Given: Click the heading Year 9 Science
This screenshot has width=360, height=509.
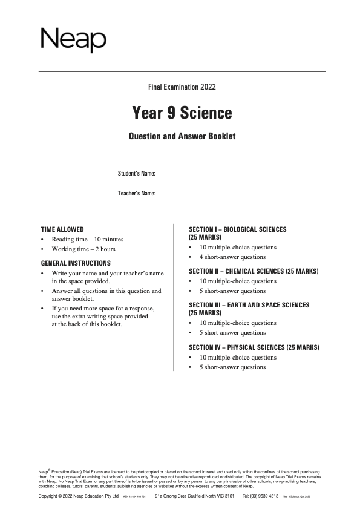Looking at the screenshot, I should coord(182,113).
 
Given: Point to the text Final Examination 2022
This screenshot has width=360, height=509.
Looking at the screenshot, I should coord(182,87).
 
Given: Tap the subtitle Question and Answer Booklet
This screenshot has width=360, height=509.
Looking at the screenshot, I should coord(182,136).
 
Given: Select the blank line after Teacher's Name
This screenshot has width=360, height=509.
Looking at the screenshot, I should coord(201,195).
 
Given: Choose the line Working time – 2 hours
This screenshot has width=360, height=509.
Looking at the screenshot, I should coord(83,249).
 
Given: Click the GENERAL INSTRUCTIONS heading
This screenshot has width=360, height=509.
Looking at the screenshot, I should coord(76,263).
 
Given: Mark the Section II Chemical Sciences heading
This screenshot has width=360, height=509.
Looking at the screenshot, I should coord(254,271).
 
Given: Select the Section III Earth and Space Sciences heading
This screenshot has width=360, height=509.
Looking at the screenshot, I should coord(249,309).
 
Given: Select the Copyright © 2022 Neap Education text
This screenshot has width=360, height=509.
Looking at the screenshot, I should coord(78,496).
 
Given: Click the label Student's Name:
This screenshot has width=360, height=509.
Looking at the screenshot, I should coord(136,174).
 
